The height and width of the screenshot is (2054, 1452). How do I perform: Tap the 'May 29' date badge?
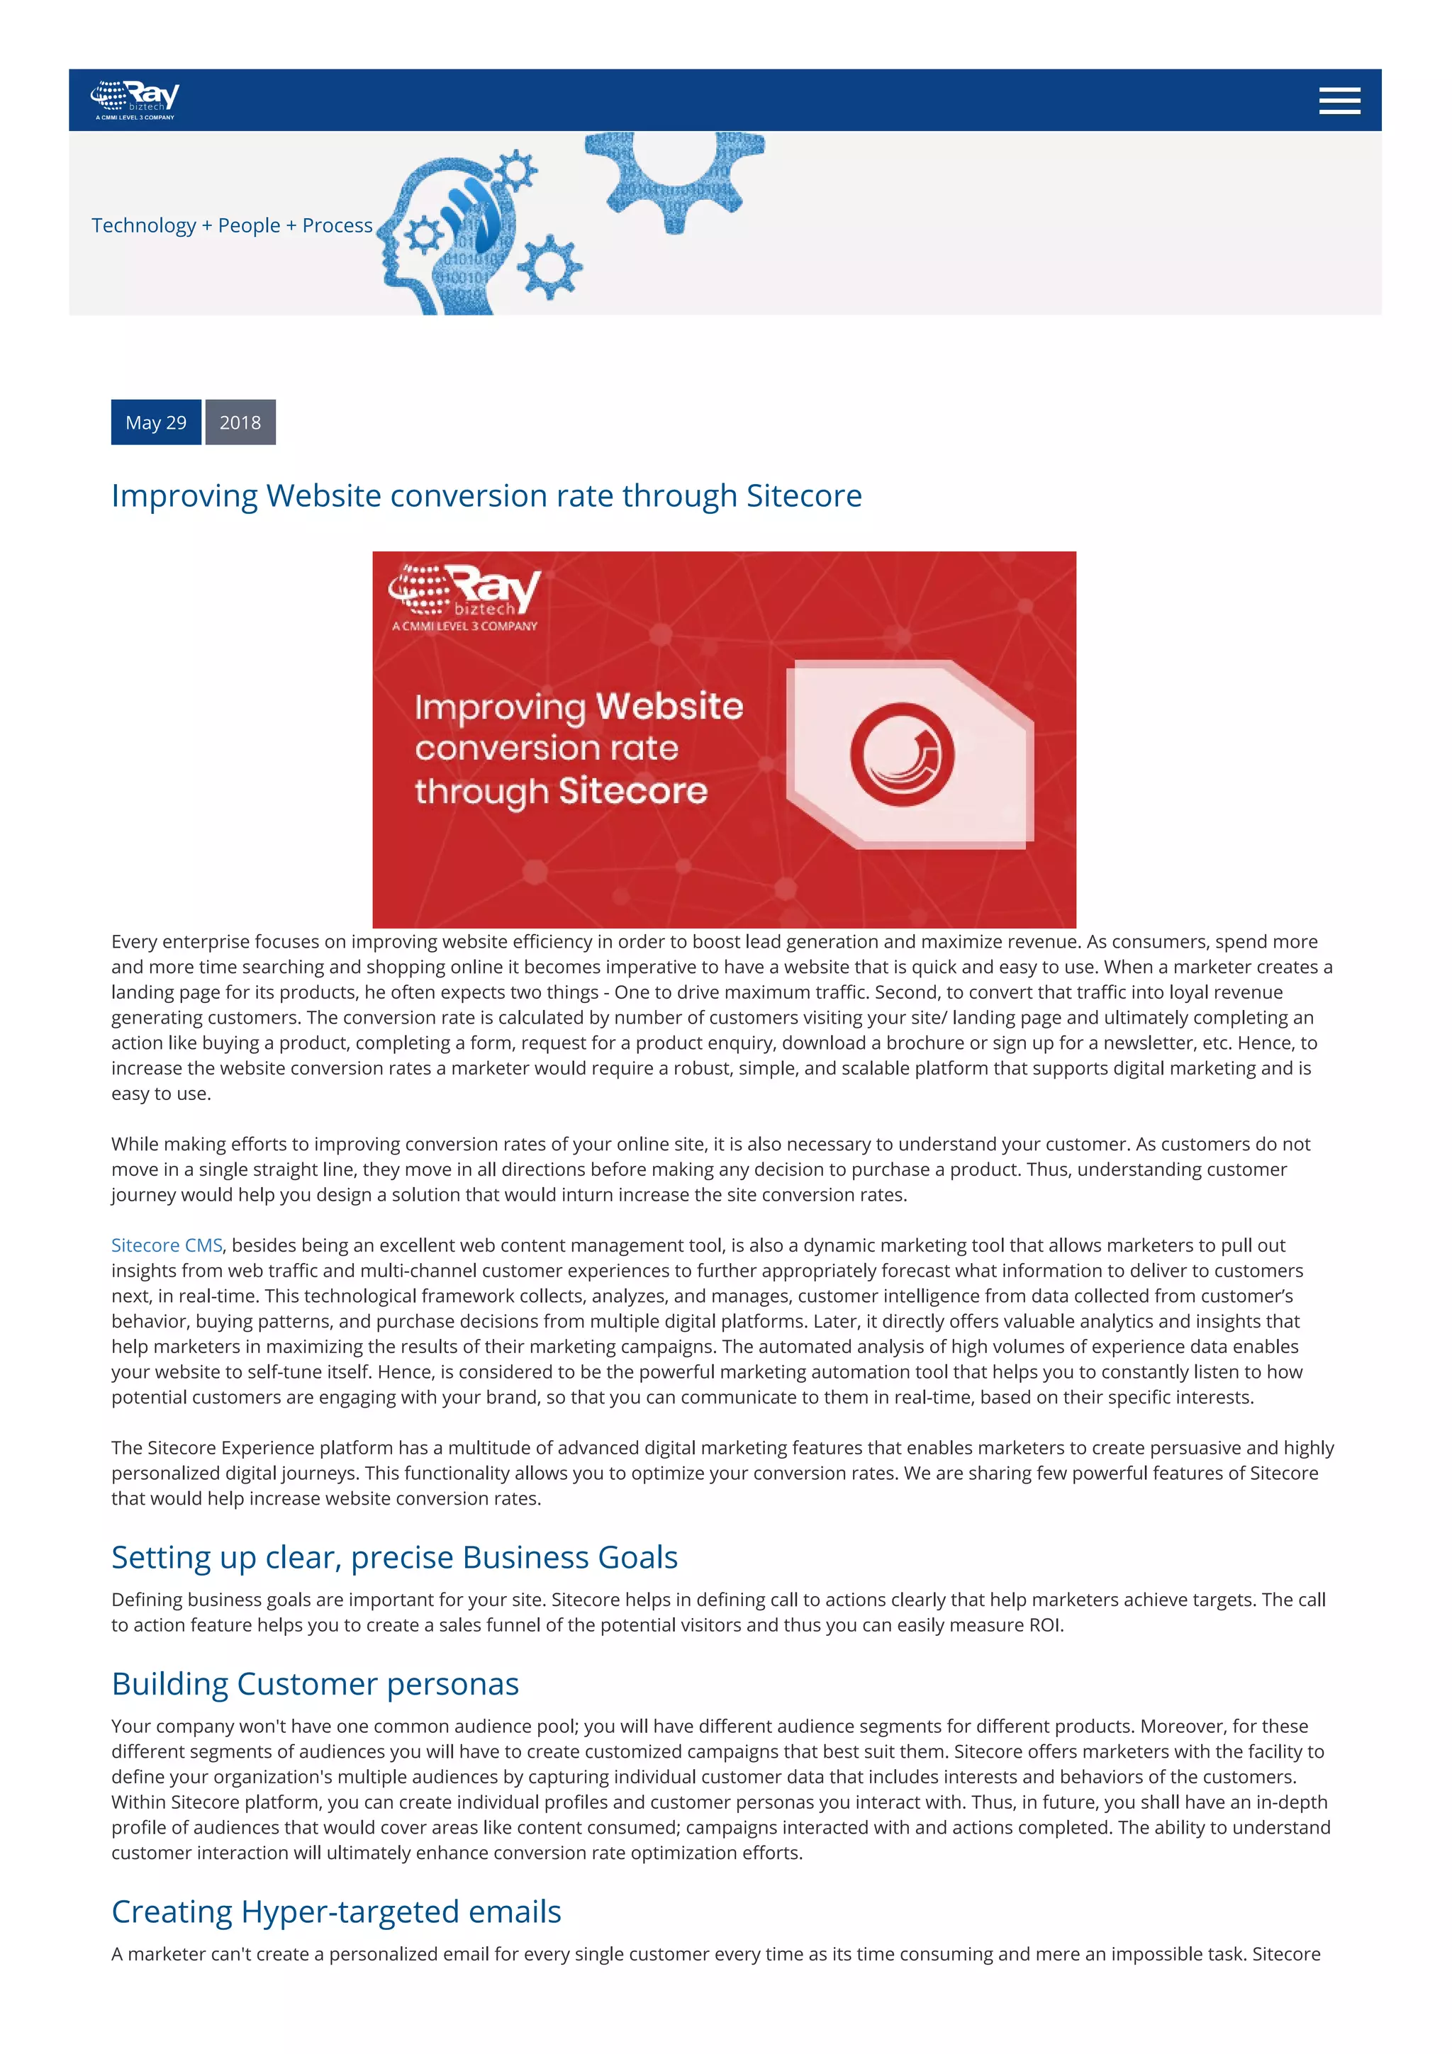point(156,422)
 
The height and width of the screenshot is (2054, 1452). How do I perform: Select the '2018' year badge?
point(240,422)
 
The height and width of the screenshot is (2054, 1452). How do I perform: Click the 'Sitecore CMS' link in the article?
point(167,1245)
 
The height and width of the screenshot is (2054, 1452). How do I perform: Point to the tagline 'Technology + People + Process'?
point(232,225)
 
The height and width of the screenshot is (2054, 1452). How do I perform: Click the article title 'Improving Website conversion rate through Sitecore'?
point(486,495)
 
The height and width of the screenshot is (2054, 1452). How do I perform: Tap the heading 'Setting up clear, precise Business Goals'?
point(393,1557)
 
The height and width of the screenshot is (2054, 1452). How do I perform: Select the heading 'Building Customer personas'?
point(315,1683)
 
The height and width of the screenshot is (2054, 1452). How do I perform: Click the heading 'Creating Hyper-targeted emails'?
point(335,1912)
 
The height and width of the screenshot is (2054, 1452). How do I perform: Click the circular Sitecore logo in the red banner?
point(902,754)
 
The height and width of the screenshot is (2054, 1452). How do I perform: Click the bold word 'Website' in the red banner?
point(669,706)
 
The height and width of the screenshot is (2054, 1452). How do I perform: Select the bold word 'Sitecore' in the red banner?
point(633,791)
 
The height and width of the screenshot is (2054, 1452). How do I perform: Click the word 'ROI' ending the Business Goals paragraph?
point(1044,1625)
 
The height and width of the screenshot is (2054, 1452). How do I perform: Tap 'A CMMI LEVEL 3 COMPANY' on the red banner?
point(464,627)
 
